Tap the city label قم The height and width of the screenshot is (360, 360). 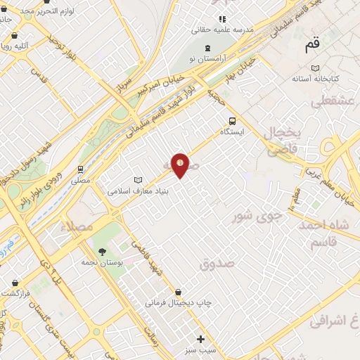[x=312, y=46]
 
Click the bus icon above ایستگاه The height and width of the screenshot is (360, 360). [x=232, y=119]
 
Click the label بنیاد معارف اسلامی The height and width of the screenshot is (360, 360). [x=136, y=191]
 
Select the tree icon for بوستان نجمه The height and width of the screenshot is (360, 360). [x=103, y=251]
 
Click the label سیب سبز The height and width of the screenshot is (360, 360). [x=200, y=349]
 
